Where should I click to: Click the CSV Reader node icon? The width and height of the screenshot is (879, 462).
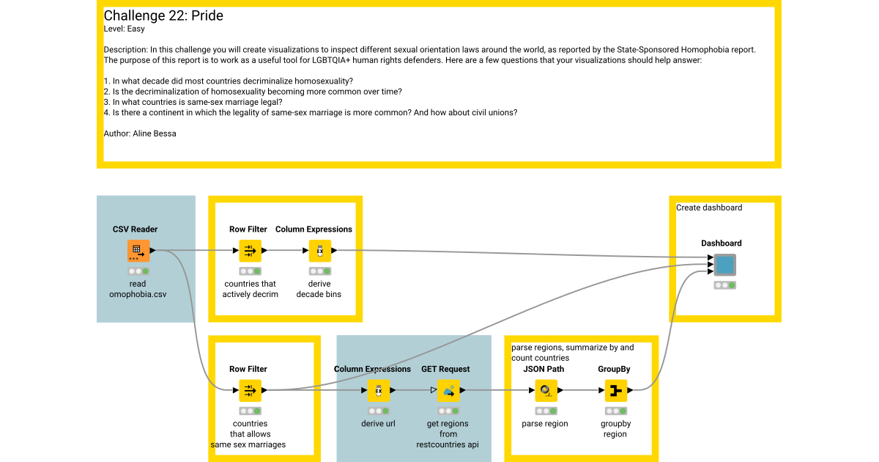pyautogui.click(x=138, y=251)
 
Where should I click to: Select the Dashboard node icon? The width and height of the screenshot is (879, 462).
pyautogui.click(x=724, y=265)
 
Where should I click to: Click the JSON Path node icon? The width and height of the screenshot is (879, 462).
pyautogui.click(x=546, y=391)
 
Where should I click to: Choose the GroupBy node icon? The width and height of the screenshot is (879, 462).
pyautogui.click(x=615, y=391)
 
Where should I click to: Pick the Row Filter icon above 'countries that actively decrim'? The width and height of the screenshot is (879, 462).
pyautogui.click(x=250, y=251)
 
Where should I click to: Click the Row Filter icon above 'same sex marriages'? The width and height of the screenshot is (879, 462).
pyautogui.click(x=250, y=391)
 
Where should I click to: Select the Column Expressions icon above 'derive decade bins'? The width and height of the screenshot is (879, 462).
pyautogui.click(x=319, y=251)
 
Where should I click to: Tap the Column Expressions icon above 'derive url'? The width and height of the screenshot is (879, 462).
pyautogui.click(x=378, y=391)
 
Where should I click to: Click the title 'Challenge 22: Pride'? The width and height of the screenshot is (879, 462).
pyautogui.click(x=163, y=16)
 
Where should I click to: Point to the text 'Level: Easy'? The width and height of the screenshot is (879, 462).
pyautogui.click(x=125, y=29)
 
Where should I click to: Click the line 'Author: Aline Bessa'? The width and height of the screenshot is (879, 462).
pyautogui.click(x=140, y=133)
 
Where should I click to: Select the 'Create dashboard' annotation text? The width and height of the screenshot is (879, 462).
pyautogui.click(x=709, y=208)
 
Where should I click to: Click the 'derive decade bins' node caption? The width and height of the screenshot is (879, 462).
pyautogui.click(x=319, y=289)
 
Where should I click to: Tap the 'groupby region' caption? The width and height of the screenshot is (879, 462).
pyautogui.click(x=615, y=429)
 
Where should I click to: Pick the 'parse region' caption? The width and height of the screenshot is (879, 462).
pyautogui.click(x=546, y=424)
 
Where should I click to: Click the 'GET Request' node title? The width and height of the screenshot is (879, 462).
pyautogui.click(x=445, y=369)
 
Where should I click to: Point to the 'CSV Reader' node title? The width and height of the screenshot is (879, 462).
pyautogui.click(x=135, y=230)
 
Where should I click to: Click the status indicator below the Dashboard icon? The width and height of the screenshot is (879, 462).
pyautogui.click(x=724, y=285)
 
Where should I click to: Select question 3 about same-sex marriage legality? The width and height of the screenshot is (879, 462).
pyautogui.click(x=193, y=102)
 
